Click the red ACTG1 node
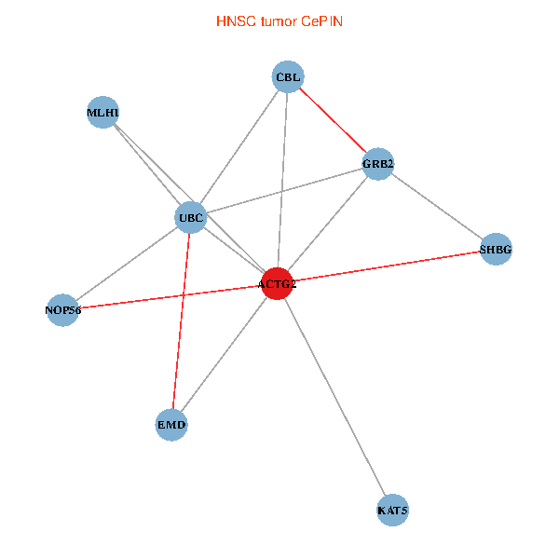point(277,283)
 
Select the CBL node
point(288,77)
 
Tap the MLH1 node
point(102,113)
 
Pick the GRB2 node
point(377,164)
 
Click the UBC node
point(190,219)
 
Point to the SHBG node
point(496,249)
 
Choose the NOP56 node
point(63,309)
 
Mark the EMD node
point(171,425)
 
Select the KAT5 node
point(392,511)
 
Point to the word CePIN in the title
point(322,20)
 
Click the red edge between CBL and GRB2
point(333,120)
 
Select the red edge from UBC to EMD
point(181,321)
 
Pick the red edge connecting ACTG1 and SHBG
point(387,266)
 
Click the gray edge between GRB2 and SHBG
point(436,206)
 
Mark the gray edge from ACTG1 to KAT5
point(334,397)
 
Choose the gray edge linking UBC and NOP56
point(127,264)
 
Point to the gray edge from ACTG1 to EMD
point(224,354)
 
